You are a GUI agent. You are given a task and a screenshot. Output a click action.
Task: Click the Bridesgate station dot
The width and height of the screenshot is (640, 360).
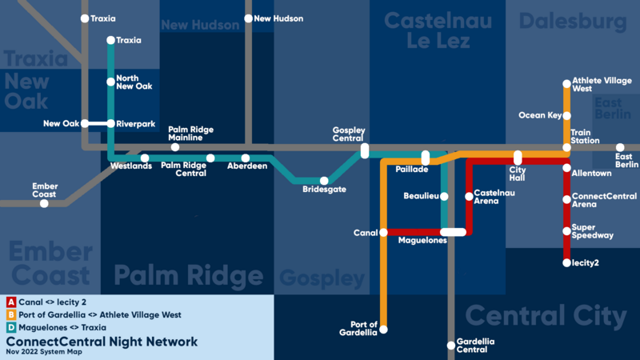click(x=324, y=181)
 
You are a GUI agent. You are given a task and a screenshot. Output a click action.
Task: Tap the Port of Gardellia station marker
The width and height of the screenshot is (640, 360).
click(x=384, y=329)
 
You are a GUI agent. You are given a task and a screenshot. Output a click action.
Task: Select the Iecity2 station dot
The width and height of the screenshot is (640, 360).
click(x=566, y=262)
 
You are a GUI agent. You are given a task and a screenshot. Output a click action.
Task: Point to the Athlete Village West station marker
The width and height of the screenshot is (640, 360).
click(x=566, y=82)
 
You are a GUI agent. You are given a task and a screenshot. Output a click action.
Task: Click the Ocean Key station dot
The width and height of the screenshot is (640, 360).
click(x=566, y=115)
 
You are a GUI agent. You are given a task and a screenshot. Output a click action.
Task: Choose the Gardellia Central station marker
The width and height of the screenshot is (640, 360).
click(x=450, y=346)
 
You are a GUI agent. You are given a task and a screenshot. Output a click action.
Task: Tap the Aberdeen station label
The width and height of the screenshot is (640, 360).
click(x=247, y=166)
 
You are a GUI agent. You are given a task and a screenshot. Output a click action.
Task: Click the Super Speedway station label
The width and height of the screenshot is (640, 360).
click(x=593, y=231)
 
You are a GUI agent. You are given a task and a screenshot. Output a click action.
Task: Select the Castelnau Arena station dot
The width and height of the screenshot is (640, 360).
click(x=469, y=196)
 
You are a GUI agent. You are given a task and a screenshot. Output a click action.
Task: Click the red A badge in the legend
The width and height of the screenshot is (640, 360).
click(x=10, y=302)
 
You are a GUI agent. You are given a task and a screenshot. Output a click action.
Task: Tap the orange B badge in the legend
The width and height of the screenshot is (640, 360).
click(x=10, y=314)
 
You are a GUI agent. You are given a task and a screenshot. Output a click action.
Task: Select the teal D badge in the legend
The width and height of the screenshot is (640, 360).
click(x=10, y=327)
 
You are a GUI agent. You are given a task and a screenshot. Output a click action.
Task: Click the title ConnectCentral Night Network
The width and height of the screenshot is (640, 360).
click(x=101, y=341)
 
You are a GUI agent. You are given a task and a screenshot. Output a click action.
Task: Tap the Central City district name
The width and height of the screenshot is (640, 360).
click(x=546, y=315)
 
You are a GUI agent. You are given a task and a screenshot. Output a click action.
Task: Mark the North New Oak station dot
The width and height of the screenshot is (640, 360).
click(x=110, y=82)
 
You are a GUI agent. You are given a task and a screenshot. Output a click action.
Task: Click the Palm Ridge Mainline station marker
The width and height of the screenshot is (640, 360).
click(x=175, y=147)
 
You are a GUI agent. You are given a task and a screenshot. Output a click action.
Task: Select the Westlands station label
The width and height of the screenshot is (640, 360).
click(x=130, y=166)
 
